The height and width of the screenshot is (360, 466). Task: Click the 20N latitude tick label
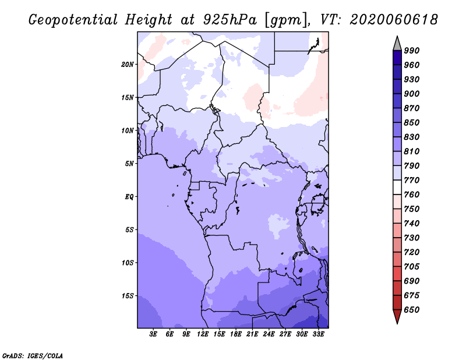click(128, 64)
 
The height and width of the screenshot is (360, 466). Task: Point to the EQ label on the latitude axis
click(129, 197)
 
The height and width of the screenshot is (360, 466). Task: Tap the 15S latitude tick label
click(128, 296)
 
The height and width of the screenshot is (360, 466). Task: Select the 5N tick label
click(130, 164)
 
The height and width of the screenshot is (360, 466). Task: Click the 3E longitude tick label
click(154, 334)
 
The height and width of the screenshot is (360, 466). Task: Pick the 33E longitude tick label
click(318, 334)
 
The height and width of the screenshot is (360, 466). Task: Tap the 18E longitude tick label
click(236, 334)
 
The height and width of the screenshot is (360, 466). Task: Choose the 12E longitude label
click(203, 334)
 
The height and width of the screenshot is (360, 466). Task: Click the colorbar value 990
click(412, 51)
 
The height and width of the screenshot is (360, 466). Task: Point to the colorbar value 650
click(412, 310)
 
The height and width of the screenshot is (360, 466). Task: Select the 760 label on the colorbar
click(412, 195)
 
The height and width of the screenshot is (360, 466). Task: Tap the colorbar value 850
click(412, 123)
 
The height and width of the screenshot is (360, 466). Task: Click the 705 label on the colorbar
click(412, 267)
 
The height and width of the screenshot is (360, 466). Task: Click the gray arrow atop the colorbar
click(397, 43)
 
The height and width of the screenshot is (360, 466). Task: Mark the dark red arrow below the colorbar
click(397, 317)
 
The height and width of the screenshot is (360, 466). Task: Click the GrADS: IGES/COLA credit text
click(33, 355)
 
